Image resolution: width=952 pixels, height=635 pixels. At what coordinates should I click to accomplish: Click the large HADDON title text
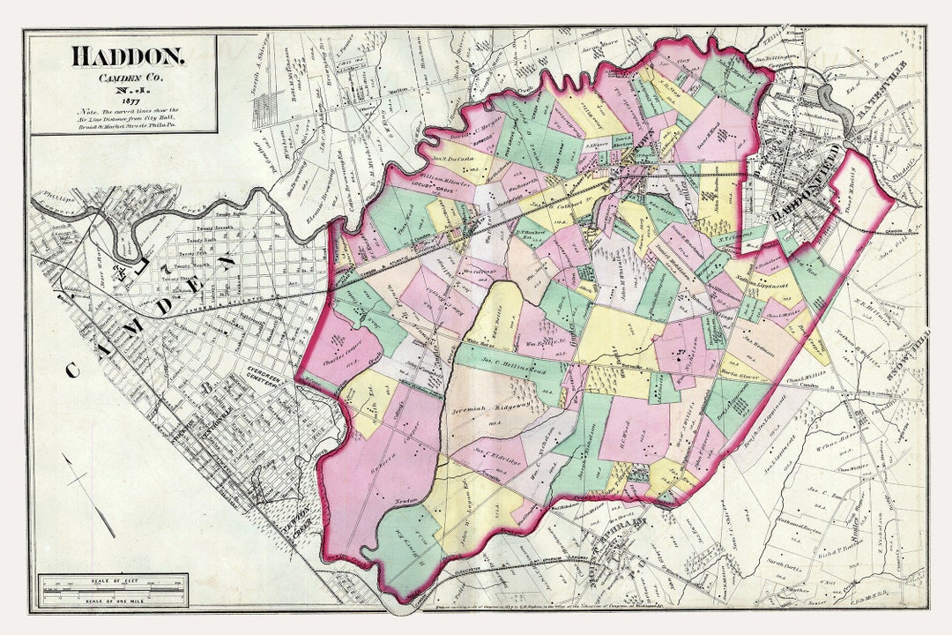coord(128,56)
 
